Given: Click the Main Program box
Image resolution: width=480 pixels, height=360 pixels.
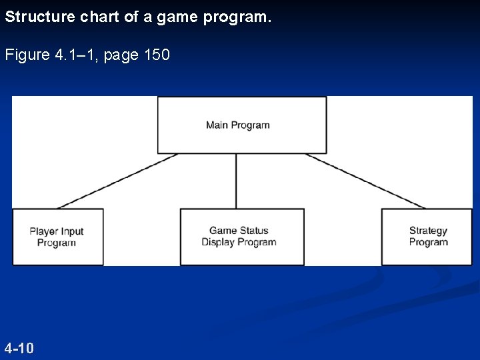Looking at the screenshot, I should pos(241,125).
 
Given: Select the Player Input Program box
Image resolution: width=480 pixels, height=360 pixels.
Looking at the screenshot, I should pos(57,237).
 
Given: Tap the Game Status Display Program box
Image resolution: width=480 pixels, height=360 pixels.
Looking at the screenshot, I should pos(241,237).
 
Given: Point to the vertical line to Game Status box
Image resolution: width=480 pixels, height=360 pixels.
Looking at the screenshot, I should pos(236,181).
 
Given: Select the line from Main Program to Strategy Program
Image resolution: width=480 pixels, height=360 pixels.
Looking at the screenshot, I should pos(365,181).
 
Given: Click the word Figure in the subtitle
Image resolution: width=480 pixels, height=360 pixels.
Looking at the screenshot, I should pos(26,55).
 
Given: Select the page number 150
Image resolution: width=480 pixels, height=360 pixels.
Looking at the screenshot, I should pos(157,55).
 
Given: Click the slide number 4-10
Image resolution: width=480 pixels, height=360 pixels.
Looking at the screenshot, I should pos(19,348).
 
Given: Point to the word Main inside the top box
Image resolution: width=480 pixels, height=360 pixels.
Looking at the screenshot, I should pos(217,125).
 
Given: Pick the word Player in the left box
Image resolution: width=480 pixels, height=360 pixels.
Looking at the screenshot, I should pos(43,231).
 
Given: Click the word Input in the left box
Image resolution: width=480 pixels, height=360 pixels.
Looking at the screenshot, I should pos(72,231).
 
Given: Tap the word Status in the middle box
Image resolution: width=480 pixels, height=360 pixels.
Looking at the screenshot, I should pos(254,231).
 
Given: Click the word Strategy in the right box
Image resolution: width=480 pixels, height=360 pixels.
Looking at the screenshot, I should pos(428,231).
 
